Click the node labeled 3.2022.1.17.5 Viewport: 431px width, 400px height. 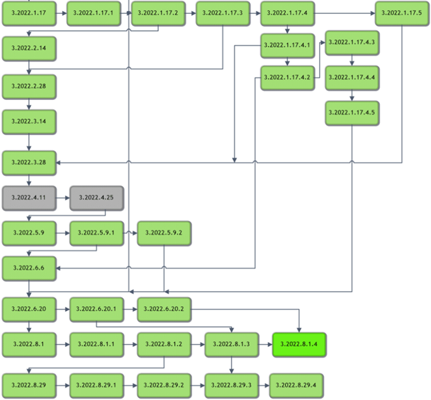402,13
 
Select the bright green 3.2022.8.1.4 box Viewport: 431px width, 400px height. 299,343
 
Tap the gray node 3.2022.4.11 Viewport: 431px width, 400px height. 28,198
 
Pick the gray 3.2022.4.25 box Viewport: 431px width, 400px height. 96,198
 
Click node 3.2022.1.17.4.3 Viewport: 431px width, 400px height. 352,43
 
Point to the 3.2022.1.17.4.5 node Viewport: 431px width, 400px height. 352,112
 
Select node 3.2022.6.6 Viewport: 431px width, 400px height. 28,268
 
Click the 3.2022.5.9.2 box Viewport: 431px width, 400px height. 164,233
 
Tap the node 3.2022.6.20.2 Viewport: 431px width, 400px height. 164,310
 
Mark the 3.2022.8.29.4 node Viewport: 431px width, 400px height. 298,383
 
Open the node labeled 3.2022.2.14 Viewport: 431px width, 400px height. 28,49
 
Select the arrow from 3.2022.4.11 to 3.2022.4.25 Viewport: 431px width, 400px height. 62,198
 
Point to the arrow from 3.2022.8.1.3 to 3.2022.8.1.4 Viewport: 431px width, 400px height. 265,343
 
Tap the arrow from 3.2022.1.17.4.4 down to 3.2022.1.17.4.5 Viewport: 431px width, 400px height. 352,94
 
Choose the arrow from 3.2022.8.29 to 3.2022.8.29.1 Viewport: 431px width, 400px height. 62,383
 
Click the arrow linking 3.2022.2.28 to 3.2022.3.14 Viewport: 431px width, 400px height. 28,104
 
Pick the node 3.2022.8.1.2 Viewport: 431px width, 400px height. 164,343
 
